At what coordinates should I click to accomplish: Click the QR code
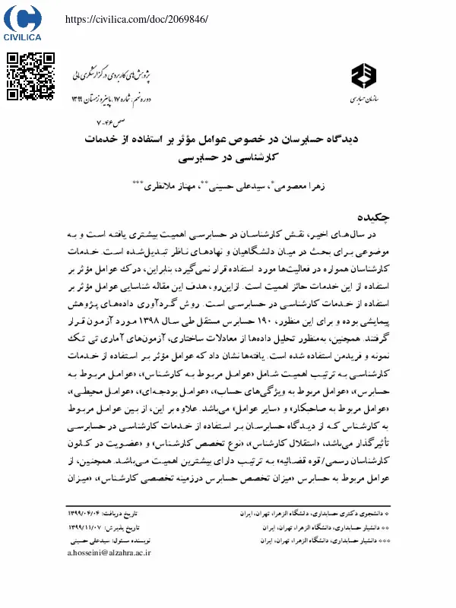point(31,77)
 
